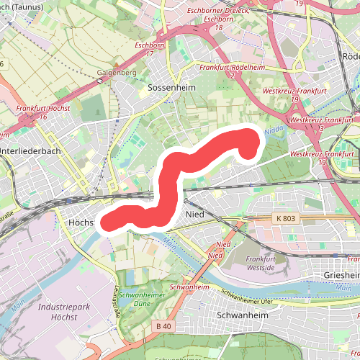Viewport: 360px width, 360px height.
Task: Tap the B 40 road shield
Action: click(x=163, y=326)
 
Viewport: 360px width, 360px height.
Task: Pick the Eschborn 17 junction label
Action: click(x=150, y=49)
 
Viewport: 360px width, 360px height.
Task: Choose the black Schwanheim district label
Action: click(x=241, y=315)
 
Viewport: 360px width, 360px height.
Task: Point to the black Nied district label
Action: click(x=196, y=215)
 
